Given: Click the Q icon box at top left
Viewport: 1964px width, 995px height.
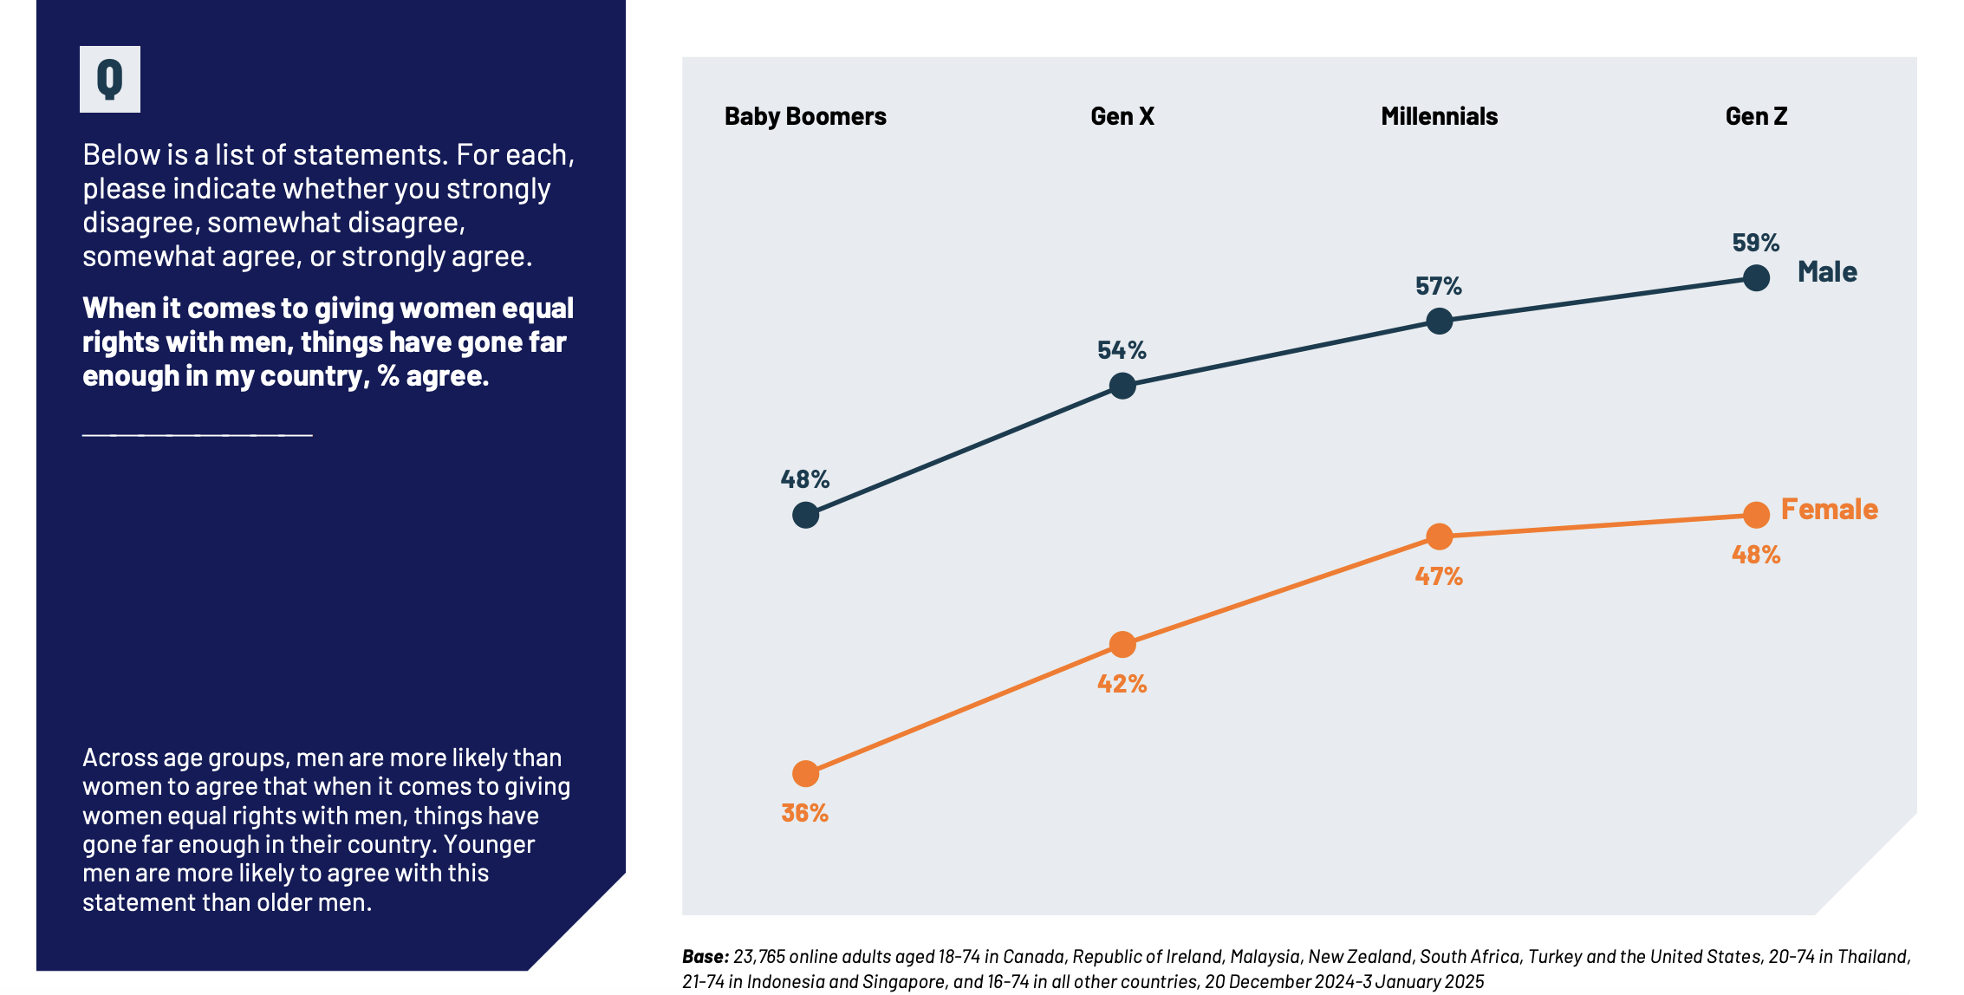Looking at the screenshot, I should tap(110, 79).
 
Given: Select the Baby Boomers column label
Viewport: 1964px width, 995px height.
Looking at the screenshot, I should tap(805, 116).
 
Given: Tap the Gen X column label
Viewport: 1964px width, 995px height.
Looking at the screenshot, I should tap(1122, 116).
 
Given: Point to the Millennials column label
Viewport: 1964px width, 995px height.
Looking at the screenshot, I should tap(1439, 116).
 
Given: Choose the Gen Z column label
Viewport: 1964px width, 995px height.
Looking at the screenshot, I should tap(1756, 116).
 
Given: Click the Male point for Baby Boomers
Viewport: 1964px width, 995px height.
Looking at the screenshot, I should tap(805, 515).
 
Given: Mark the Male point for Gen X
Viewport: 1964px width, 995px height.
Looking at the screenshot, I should tap(1122, 386).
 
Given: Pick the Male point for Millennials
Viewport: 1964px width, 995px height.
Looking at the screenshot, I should tap(1439, 321).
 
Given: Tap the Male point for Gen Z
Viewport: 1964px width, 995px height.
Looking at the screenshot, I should tap(1756, 278).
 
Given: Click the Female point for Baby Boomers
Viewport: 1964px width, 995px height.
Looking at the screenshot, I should tap(805, 773).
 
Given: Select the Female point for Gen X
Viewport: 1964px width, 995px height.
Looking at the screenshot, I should tap(1122, 644).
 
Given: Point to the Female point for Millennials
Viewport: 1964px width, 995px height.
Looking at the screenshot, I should tap(1439, 537).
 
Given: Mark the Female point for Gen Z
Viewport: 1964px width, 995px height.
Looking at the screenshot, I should tap(1756, 515).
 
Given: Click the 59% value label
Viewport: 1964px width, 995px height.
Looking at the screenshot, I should tap(1755, 243).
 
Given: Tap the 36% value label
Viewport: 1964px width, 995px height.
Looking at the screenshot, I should tap(804, 813).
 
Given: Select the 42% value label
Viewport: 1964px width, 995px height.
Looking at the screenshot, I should tap(1122, 684).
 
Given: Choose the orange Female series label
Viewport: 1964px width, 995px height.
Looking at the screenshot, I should tap(1829, 510).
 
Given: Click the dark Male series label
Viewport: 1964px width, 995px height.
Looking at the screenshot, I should tap(1827, 272).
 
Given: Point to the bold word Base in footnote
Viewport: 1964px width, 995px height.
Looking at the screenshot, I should tap(705, 957).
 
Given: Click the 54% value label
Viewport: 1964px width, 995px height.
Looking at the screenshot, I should tap(1122, 350).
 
